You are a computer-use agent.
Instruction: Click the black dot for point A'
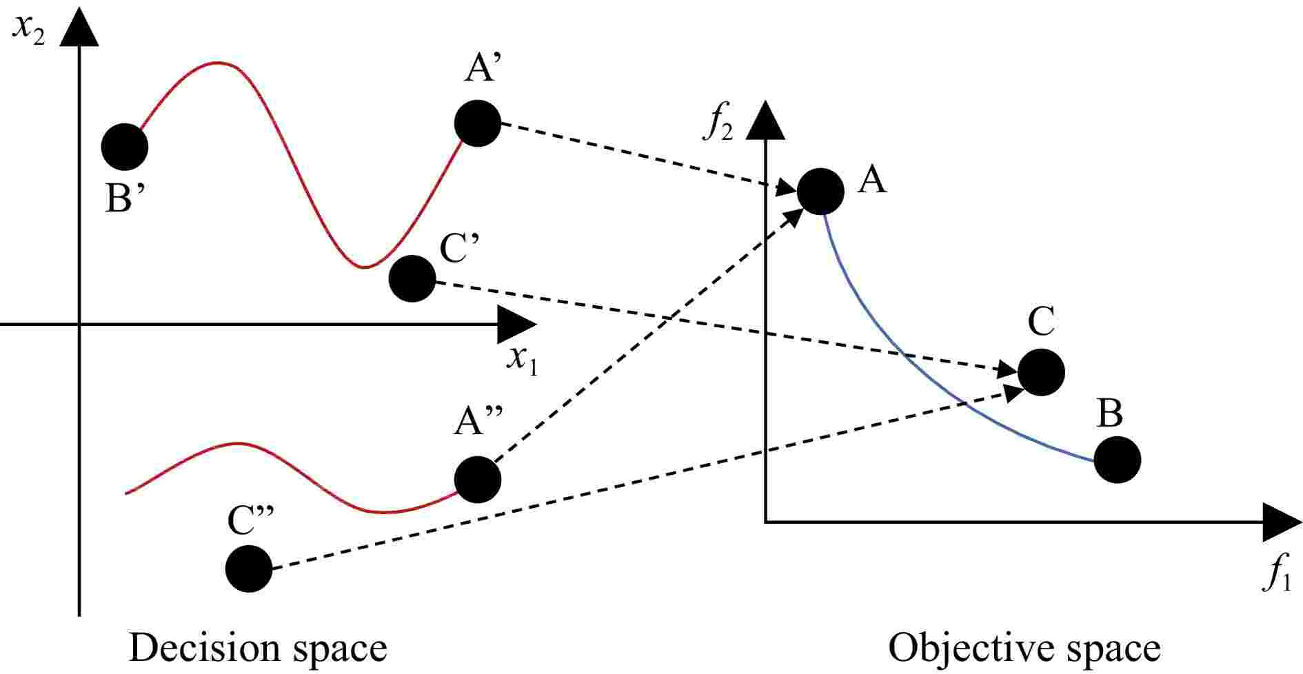point(477,123)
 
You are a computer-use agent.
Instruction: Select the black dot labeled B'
point(125,147)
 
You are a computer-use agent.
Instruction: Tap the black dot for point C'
point(412,278)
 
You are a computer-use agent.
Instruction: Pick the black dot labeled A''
point(478,479)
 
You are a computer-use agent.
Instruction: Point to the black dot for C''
point(249,569)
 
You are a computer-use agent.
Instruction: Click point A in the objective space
point(820,191)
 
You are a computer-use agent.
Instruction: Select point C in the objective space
point(1041,372)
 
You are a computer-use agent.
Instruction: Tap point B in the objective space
point(1117,460)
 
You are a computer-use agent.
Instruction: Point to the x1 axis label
point(522,359)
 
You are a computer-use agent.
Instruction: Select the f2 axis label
point(718,126)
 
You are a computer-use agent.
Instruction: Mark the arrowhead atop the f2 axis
point(765,121)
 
